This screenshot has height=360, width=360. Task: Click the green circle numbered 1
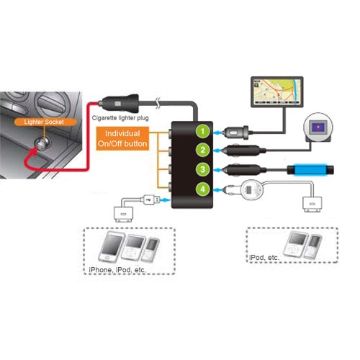(203, 131)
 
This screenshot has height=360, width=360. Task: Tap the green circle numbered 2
(203, 150)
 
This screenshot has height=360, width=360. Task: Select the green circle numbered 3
(203, 169)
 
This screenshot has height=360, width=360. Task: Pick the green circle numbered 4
(203, 189)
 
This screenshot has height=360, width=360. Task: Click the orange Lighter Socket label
(44, 122)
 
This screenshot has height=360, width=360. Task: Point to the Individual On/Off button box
(122, 138)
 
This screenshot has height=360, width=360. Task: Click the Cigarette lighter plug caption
(120, 118)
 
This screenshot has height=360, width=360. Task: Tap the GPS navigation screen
(277, 92)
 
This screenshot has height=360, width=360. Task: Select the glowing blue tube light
(310, 170)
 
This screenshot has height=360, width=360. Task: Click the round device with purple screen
(318, 127)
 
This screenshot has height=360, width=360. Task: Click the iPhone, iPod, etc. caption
(117, 270)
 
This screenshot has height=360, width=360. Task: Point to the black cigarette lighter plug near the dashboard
(120, 104)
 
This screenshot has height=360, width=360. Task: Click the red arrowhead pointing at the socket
(35, 151)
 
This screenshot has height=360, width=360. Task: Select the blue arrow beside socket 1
(218, 132)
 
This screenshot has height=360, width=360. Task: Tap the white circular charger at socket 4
(251, 190)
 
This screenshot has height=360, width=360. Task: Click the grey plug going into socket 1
(236, 132)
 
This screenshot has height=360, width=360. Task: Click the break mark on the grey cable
(158, 104)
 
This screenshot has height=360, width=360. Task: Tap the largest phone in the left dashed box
(112, 247)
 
